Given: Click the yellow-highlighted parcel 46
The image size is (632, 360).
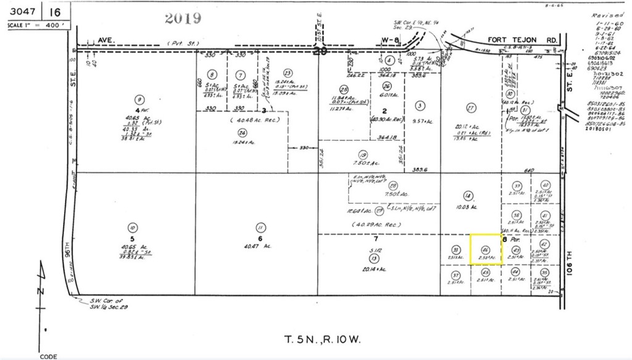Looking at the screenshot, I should click(485, 249).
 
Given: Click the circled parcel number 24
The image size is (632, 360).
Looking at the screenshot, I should click(241, 132).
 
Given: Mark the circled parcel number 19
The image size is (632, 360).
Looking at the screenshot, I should click(363, 155).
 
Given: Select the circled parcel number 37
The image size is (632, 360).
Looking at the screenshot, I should click(455, 275).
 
